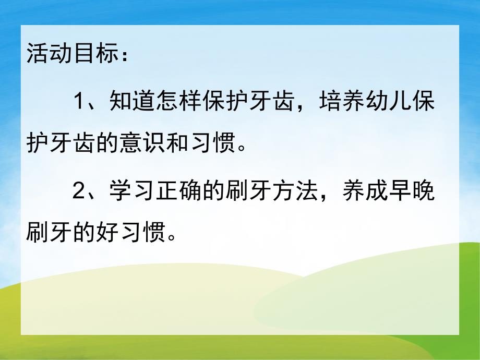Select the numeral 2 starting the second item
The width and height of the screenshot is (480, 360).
click(78, 191)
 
